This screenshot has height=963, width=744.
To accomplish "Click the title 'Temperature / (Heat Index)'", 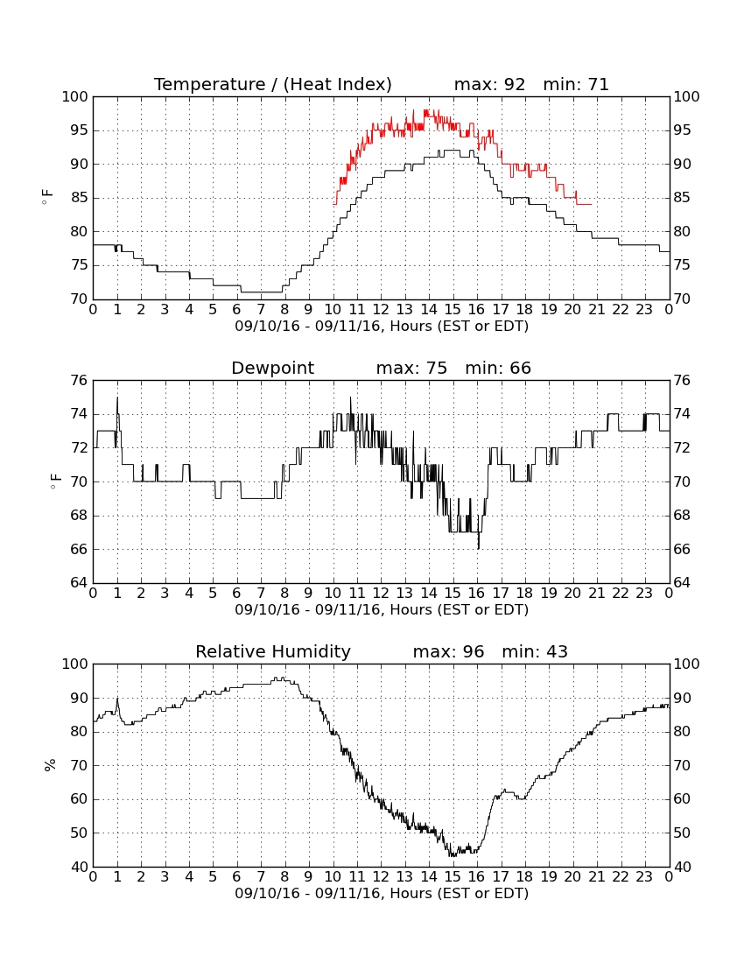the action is click(272, 85).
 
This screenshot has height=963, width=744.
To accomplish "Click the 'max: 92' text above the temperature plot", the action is click(489, 85).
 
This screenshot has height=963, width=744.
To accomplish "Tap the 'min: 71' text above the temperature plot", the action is click(576, 85).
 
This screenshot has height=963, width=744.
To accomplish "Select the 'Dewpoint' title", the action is click(272, 369).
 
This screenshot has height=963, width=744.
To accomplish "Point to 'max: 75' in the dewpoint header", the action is click(411, 369).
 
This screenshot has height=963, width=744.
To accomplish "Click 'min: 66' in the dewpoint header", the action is click(498, 369).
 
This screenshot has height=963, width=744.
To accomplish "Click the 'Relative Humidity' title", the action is click(272, 651).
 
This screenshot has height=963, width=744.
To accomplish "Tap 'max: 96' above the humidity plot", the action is click(448, 651).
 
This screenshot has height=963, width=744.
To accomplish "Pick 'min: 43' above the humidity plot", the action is click(535, 651).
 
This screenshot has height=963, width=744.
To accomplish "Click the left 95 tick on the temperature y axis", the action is click(79, 130).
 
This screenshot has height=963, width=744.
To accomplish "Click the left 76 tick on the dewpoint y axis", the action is click(79, 381).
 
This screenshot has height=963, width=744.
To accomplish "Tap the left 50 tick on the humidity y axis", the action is click(79, 833).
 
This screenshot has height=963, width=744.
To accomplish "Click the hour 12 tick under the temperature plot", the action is click(381, 310).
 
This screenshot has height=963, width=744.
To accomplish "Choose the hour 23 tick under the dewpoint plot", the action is click(644, 594).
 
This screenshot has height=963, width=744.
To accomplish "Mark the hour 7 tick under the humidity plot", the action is click(261, 877).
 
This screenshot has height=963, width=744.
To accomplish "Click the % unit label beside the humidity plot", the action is click(50, 765).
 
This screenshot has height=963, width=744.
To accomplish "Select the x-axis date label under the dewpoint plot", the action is click(382, 610).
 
